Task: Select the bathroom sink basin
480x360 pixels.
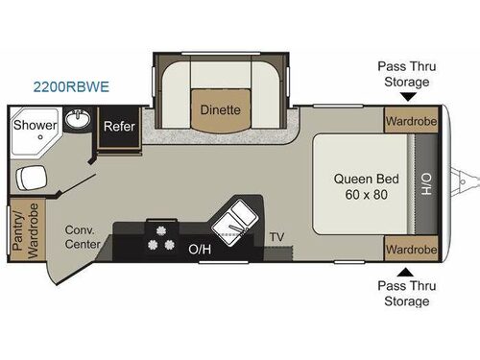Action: coord(78,122)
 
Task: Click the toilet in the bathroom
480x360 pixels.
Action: coord(32,178)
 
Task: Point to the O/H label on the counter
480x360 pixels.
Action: coord(200,249)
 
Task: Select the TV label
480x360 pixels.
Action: coord(276,236)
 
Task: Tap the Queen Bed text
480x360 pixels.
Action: coord(360,178)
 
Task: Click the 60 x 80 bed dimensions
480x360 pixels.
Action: coord(360,195)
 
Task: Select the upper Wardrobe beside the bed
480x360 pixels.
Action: coord(410,122)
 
